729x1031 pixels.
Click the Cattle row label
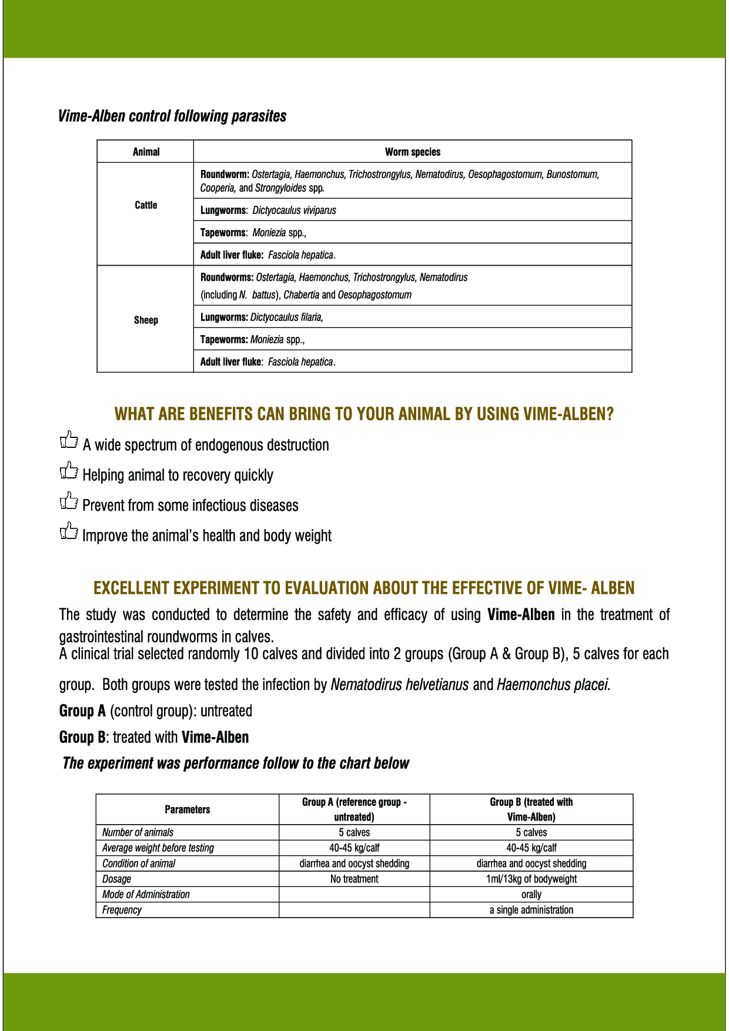point(146,205)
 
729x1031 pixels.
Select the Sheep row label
point(146,320)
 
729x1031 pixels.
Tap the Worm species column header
point(413,152)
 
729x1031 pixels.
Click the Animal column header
point(146,152)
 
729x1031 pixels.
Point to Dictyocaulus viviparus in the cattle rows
point(294,210)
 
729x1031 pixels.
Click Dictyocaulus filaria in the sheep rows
point(286,317)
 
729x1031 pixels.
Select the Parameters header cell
point(187,810)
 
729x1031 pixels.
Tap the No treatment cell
point(354,879)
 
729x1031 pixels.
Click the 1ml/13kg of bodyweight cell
point(531,879)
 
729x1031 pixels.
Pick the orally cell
point(531,895)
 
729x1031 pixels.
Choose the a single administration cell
point(531,910)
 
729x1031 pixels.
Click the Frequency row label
point(122,910)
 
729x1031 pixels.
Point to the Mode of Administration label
point(146,895)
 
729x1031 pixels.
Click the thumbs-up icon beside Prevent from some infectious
point(69,501)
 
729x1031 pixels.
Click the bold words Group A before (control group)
point(82,711)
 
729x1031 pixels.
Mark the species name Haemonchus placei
point(553,685)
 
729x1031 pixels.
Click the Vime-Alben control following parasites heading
point(172,116)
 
